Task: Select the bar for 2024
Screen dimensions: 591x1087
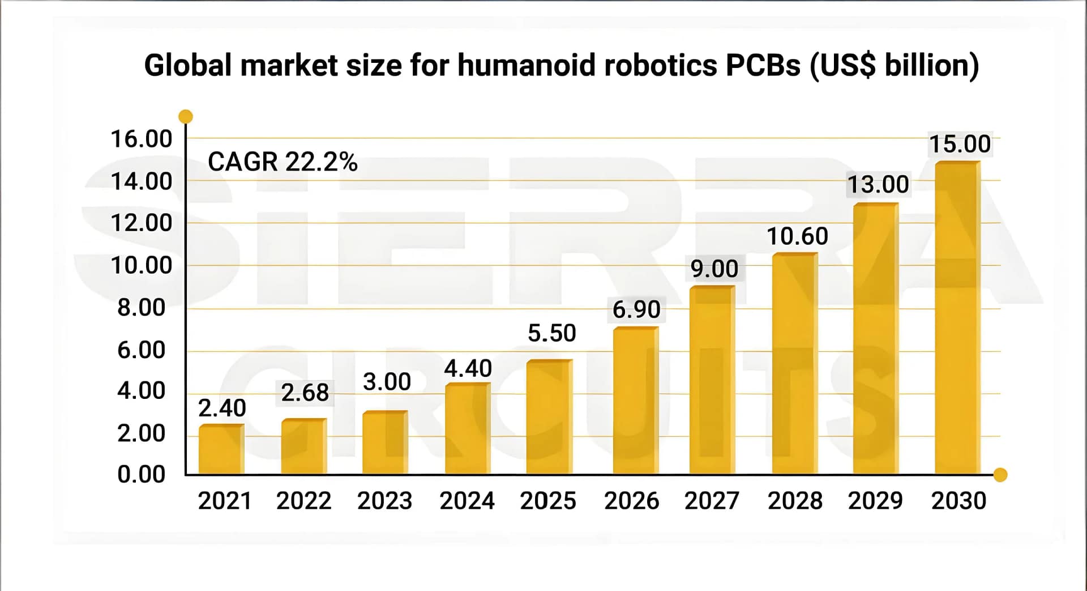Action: (468, 429)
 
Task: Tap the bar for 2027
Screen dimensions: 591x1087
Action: (712, 381)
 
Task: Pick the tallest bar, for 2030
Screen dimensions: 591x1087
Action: (957, 318)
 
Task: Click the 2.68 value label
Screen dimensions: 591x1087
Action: (305, 393)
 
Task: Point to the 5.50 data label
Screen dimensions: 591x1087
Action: (552, 333)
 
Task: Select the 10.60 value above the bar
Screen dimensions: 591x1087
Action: (797, 236)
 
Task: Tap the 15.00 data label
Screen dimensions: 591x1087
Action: (960, 144)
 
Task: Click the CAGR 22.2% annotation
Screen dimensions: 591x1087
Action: (283, 162)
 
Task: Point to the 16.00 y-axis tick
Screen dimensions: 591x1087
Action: (142, 139)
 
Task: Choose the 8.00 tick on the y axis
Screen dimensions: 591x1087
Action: (142, 308)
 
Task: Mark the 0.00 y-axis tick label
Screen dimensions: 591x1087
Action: (142, 474)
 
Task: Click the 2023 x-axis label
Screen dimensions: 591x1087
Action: (385, 501)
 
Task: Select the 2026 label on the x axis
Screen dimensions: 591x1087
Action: (632, 501)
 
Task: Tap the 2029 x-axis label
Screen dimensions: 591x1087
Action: (875, 501)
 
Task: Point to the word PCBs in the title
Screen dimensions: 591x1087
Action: (763, 65)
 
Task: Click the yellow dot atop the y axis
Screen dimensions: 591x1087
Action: (186, 117)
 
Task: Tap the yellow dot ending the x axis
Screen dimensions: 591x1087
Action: (1000, 475)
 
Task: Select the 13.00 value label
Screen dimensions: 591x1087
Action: (878, 185)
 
